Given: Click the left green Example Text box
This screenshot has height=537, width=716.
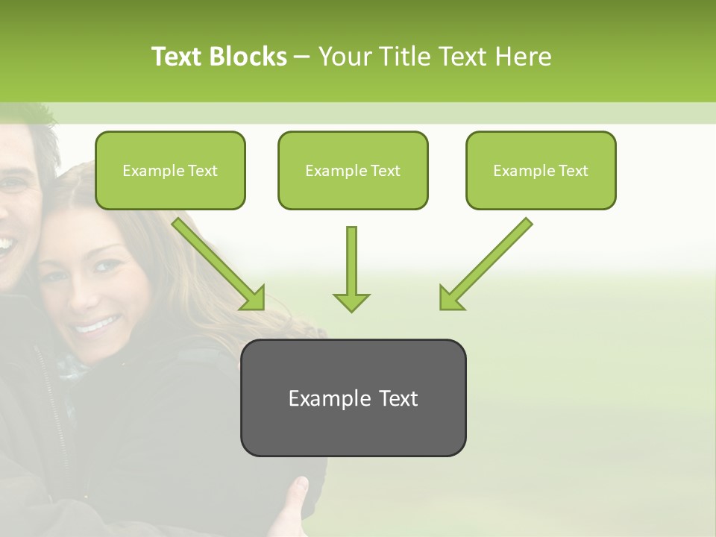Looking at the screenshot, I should click(x=170, y=170).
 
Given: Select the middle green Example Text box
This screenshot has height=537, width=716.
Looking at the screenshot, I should click(x=353, y=170).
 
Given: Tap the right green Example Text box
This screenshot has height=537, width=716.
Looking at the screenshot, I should click(x=541, y=170).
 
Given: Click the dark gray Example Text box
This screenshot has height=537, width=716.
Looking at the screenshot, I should click(x=353, y=398).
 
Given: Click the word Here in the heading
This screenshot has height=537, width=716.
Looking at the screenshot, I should click(x=524, y=57).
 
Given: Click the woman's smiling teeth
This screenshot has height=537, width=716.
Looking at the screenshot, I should click(x=97, y=325).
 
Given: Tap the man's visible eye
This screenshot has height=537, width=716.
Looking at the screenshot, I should click(x=10, y=183).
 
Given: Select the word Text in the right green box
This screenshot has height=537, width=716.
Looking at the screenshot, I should click(x=573, y=171).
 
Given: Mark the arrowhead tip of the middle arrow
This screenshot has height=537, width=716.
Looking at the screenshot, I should click(x=351, y=310).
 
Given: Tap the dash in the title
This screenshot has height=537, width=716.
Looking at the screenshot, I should click(x=302, y=57).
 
